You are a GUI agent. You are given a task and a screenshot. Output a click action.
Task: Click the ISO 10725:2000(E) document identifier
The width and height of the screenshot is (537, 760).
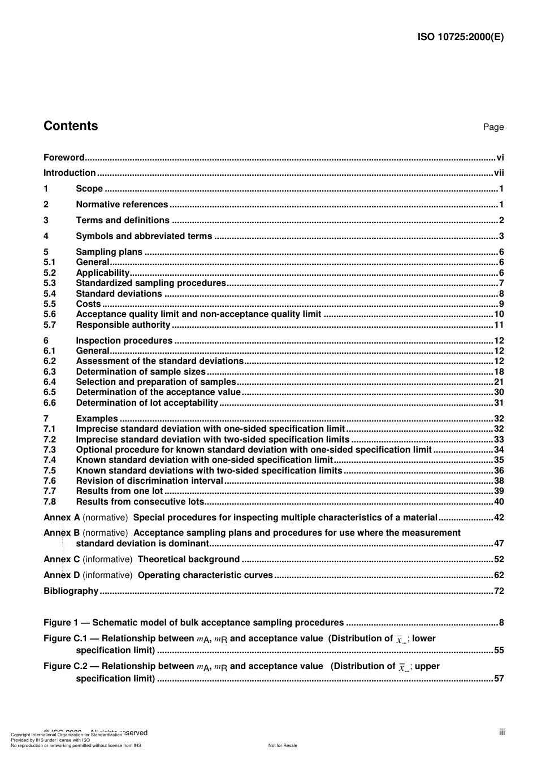(460, 37)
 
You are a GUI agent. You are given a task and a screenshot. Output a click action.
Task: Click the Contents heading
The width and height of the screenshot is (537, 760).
(71, 126)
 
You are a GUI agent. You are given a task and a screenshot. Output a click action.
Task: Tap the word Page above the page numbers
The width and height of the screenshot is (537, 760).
(493, 127)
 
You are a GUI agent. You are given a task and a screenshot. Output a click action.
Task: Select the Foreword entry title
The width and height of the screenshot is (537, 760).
(64, 158)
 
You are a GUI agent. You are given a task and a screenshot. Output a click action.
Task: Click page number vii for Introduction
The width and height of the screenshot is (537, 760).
(499, 173)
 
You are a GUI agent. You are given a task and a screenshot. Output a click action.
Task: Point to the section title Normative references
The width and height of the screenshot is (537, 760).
(122, 205)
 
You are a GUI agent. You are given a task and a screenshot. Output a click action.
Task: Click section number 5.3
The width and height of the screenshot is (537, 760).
(50, 283)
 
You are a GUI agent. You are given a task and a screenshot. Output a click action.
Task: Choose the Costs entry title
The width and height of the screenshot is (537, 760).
(88, 304)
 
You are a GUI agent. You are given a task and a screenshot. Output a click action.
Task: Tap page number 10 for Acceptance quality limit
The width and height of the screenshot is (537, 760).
(499, 314)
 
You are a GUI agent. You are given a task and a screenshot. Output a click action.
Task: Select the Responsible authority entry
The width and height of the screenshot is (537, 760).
(123, 325)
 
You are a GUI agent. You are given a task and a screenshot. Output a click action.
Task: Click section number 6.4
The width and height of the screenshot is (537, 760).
(50, 382)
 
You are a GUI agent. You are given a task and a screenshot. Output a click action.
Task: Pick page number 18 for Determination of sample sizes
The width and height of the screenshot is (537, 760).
(499, 372)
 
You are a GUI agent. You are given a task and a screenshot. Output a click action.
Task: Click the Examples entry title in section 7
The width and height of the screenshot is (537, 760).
(97, 419)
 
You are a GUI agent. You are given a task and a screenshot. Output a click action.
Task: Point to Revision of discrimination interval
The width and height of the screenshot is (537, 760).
(149, 481)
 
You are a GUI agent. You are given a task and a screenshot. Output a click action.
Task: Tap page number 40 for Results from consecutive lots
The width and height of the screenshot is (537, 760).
(499, 502)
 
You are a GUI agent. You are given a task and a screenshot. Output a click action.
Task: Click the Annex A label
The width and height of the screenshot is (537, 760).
(62, 518)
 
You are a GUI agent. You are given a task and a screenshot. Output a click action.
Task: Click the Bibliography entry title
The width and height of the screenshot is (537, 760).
(71, 591)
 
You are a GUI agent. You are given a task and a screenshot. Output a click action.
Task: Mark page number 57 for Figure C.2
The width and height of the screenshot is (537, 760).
(499, 679)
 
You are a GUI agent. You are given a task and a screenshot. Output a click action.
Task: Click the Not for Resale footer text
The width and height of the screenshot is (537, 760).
(283, 745)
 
